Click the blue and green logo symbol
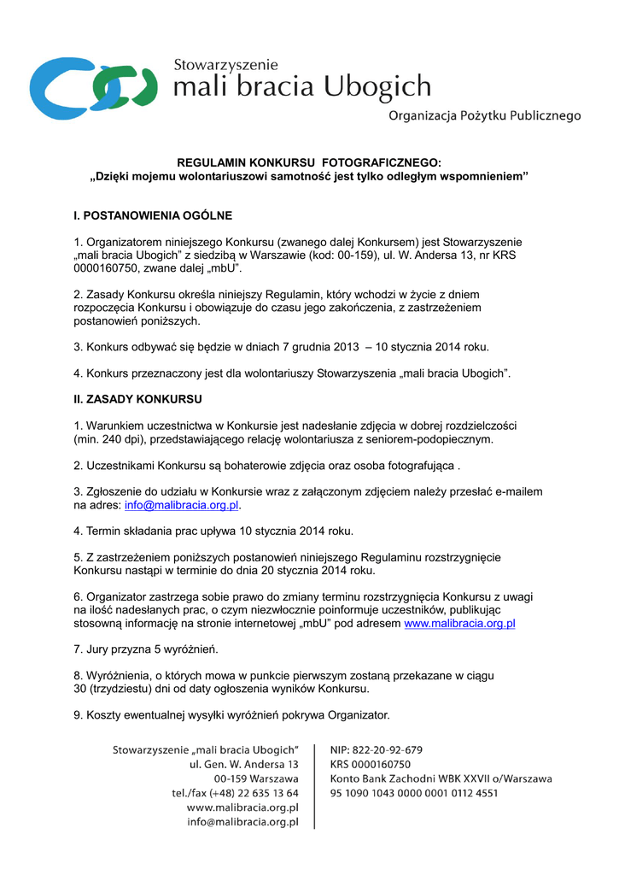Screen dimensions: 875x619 pyautogui.click(x=93, y=87)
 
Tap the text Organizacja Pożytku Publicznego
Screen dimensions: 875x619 pyautogui.click(x=484, y=115)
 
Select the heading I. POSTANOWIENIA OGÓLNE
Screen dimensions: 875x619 pyautogui.click(x=153, y=215)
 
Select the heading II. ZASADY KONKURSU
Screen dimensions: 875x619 pyautogui.click(x=137, y=398)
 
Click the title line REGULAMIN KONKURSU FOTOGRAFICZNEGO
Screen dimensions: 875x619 pyautogui.click(x=309, y=162)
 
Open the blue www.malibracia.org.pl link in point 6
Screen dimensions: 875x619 pyautogui.click(x=459, y=624)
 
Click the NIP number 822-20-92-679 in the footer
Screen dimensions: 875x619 pyautogui.click(x=389, y=750)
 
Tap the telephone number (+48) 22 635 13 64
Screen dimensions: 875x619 pyautogui.click(x=250, y=793)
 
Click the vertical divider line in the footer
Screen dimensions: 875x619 pyautogui.click(x=314, y=786)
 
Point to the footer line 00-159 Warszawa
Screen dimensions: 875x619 pyautogui.click(x=256, y=778)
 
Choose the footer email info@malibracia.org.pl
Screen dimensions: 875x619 pyautogui.click(x=242, y=822)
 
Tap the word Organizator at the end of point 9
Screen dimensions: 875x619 pyautogui.click(x=359, y=714)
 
